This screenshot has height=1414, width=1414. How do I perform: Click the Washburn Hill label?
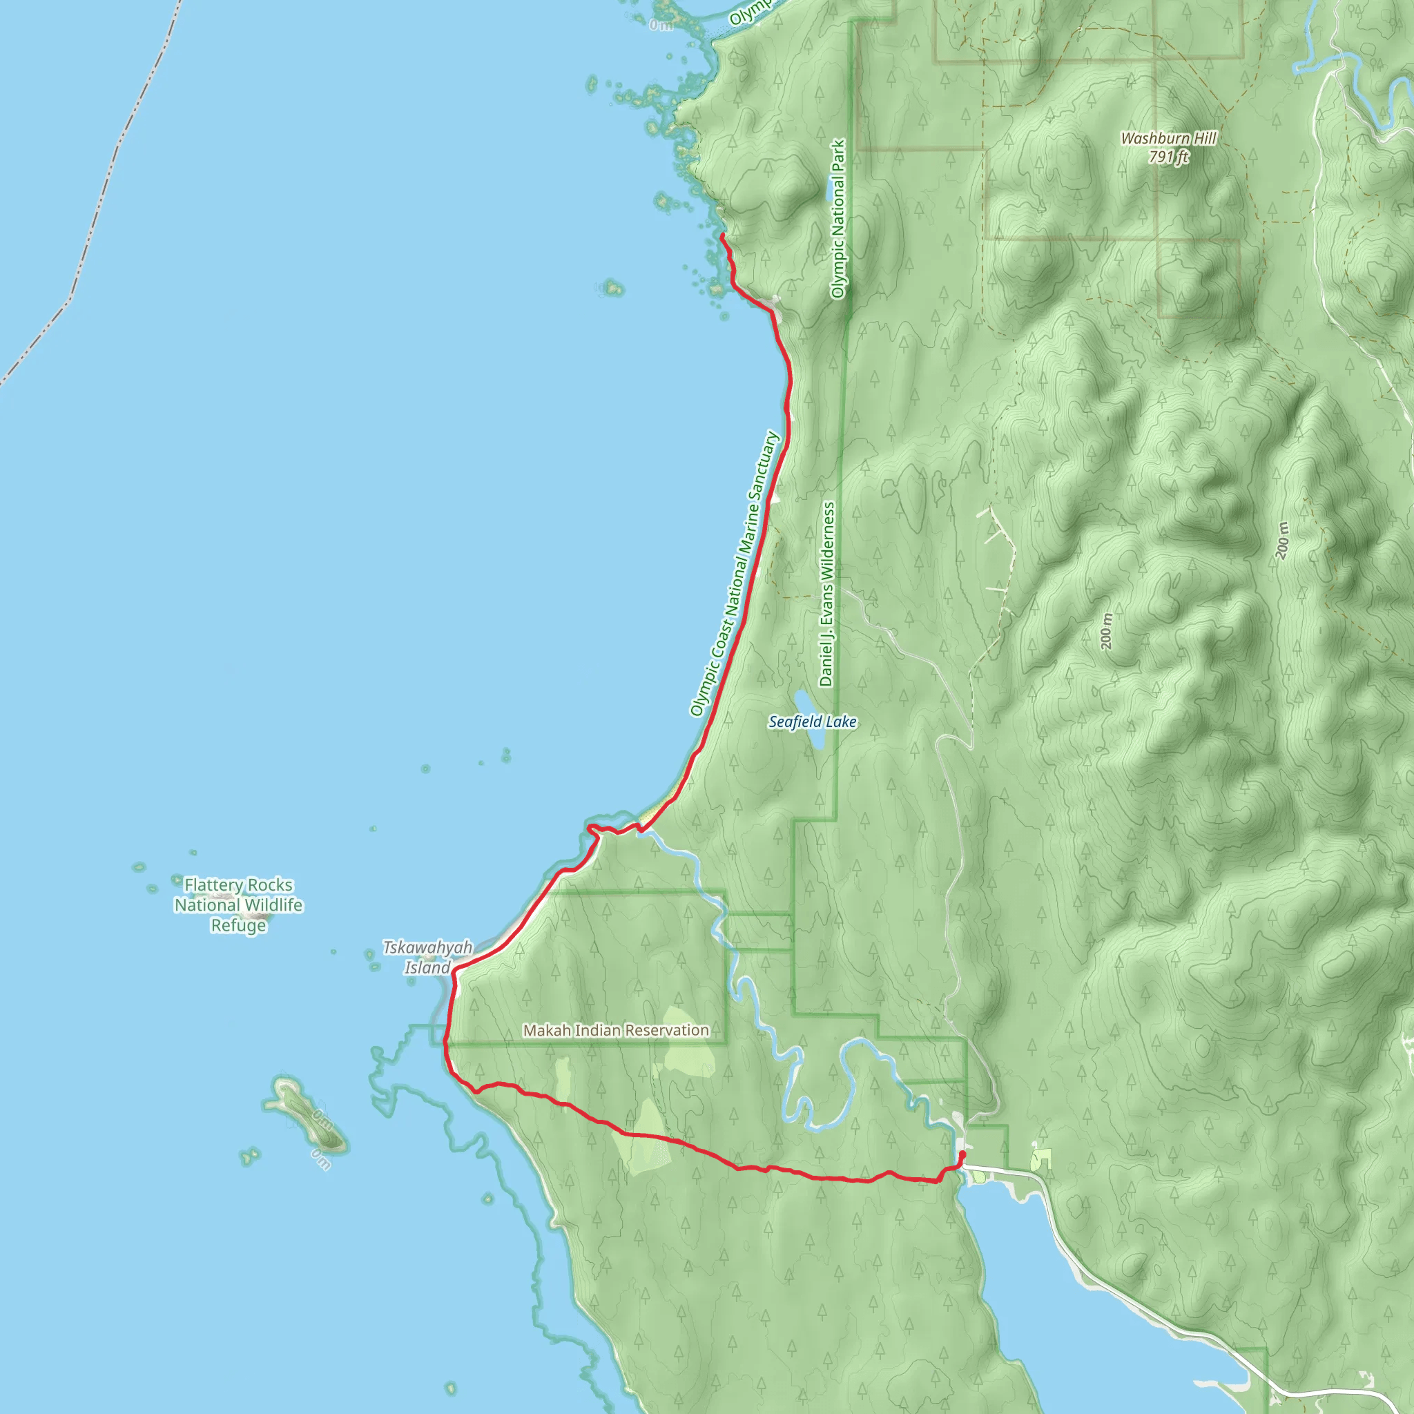(1168, 138)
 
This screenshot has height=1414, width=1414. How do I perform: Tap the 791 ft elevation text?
(1168, 157)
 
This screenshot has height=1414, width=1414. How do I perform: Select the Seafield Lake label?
(813, 722)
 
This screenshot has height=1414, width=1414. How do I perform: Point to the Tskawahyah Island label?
(428, 958)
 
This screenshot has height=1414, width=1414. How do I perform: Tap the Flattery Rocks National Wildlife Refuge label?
(239, 905)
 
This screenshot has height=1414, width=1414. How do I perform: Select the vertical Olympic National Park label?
(838, 219)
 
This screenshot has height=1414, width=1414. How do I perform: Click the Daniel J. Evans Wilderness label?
(826, 594)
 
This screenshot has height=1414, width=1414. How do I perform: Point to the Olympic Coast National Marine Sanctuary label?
(735, 573)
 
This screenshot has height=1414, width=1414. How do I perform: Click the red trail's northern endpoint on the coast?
(722, 235)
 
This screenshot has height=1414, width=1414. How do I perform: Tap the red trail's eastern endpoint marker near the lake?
(962, 1154)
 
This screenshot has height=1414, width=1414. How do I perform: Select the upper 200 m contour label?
(1282, 541)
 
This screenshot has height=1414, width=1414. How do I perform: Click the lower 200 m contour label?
(1107, 631)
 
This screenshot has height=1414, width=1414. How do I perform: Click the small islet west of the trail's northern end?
(612, 288)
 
